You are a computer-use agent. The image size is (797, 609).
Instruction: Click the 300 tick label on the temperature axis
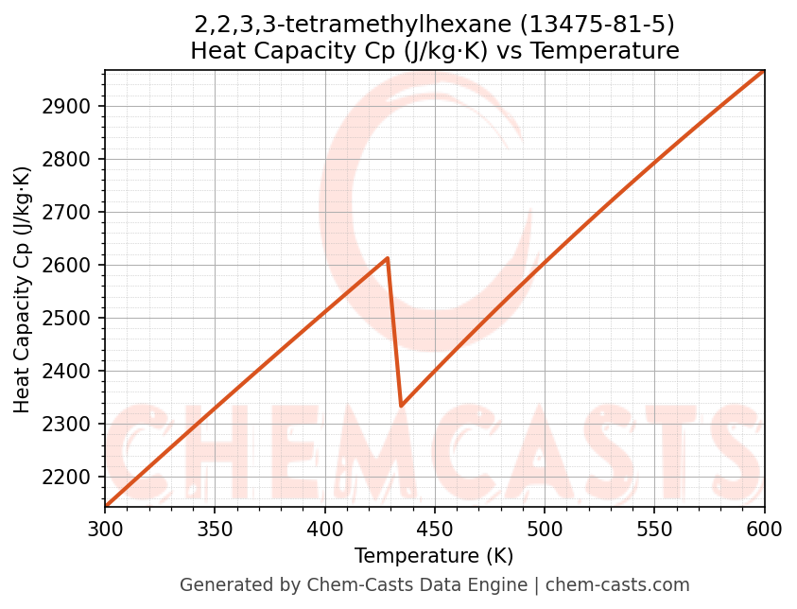pyautogui.click(x=105, y=530)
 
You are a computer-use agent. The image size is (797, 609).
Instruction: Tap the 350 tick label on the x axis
pyautogui.click(x=215, y=530)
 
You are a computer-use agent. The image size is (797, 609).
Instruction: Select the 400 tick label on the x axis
pyautogui.click(x=324, y=530)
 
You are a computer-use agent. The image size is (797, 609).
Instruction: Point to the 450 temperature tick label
pyautogui.click(x=435, y=530)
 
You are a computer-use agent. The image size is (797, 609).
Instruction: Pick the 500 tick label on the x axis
pyautogui.click(x=545, y=530)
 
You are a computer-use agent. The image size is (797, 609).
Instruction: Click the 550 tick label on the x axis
pyautogui.click(x=654, y=530)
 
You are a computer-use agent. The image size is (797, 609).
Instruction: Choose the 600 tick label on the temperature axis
pyautogui.click(x=764, y=530)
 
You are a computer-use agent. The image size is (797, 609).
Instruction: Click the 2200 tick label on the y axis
pyautogui.click(x=70, y=477)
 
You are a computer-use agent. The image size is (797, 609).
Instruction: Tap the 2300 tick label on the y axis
pyautogui.click(x=70, y=424)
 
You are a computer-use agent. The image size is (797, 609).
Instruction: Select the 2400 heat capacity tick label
pyautogui.click(x=70, y=371)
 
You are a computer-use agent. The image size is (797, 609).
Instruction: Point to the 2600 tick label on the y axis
pyautogui.click(x=70, y=265)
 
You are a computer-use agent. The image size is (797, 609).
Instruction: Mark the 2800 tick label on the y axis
pyautogui.click(x=70, y=159)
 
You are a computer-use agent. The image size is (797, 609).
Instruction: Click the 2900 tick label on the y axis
pyautogui.click(x=70, y=106)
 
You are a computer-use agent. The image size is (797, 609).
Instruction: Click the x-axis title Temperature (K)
pyautogui.click(x=434, y=556)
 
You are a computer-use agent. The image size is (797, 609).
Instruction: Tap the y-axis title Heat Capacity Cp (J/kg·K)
pyautogui.click(x=23, y=289)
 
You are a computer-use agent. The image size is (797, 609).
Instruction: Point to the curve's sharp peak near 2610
pyautogui.click(x=388, y=258)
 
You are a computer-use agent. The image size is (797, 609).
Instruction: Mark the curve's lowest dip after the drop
pyautogui.click(x=402, y=406)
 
